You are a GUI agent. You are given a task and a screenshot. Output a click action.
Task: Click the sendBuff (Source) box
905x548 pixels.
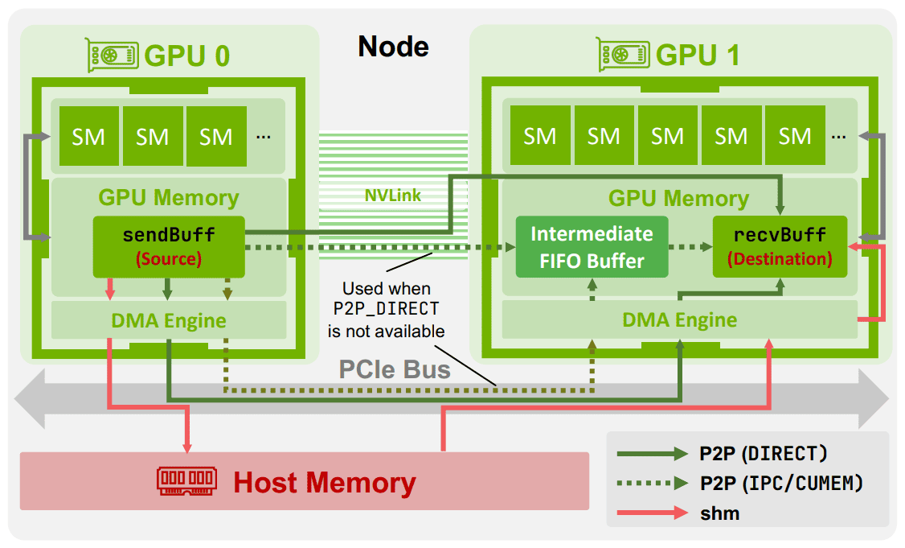(169, 247)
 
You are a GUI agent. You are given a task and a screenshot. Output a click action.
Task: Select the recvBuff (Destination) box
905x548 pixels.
(780, 247)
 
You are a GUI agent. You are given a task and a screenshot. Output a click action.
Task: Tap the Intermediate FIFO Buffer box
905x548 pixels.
(592, 247)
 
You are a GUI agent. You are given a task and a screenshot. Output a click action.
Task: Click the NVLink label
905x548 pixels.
(392, 196)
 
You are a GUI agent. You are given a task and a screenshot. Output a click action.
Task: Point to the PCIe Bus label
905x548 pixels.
(394, 369)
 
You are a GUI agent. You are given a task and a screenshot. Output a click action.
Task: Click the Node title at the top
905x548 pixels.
(393, 46)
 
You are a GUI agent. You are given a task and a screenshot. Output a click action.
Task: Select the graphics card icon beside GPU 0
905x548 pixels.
(112, 56)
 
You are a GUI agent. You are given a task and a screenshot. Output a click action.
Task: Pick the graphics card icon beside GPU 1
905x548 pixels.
(624, 55)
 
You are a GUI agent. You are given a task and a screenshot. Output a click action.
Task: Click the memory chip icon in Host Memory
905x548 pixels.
(186, 481)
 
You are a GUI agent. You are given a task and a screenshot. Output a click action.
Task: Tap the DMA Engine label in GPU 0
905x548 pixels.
(169, 320)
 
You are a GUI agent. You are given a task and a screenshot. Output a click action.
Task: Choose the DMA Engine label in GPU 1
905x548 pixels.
(679, 319)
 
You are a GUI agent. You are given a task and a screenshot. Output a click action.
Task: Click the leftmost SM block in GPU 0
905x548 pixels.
(89, 136)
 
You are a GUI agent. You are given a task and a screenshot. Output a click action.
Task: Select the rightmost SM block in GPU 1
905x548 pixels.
(795, 136)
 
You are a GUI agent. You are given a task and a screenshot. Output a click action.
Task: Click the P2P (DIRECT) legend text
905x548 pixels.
(763, 454)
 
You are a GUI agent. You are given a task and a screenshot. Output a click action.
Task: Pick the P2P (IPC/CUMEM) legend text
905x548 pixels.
(781, 483)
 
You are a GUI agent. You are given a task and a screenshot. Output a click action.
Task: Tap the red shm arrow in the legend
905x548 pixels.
(652, 513)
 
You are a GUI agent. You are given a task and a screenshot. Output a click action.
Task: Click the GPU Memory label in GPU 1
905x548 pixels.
(678, 198)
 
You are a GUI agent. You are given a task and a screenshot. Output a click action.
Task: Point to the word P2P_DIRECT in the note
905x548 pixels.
(386, 309)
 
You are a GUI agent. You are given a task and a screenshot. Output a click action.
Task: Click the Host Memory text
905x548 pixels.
(325, 482)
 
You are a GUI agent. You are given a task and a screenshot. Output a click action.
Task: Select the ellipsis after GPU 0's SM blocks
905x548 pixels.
(263, 137)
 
